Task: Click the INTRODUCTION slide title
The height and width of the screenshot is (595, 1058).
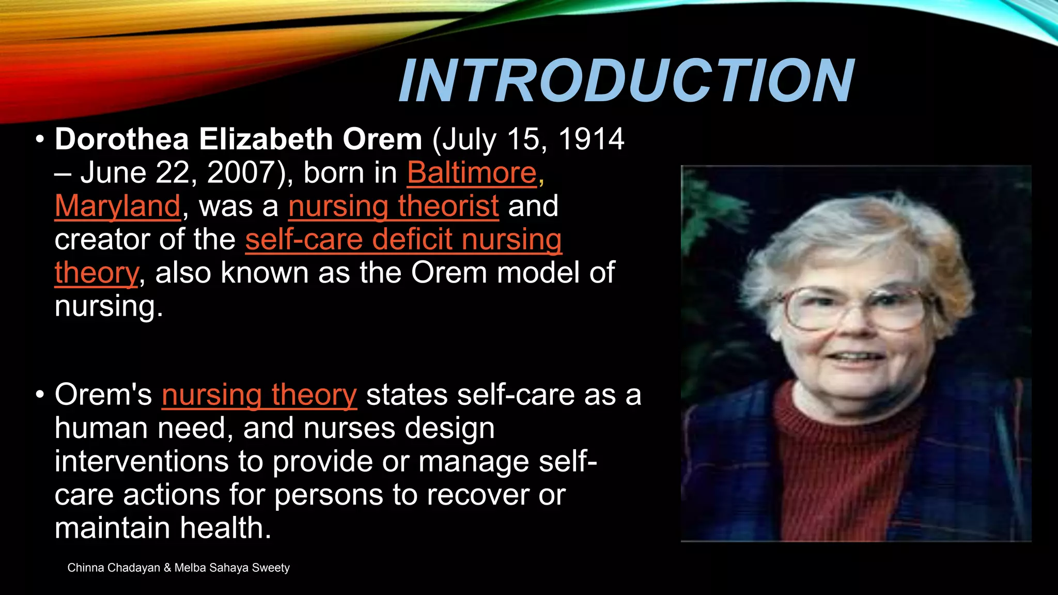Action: point(626,81)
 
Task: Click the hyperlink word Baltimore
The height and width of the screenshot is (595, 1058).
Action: point(472,173)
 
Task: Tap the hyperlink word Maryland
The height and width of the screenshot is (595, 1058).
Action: point(118,206)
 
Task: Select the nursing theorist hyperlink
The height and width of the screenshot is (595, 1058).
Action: point(394,206)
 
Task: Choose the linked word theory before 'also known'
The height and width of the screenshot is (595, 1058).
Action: point(97,273)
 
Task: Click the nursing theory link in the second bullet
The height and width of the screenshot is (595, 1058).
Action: point(259,395)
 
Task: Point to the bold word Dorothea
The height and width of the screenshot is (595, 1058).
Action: point(122,139)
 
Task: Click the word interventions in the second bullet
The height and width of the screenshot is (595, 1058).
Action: point(141,461)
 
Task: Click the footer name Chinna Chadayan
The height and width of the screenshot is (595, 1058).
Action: point(114,568)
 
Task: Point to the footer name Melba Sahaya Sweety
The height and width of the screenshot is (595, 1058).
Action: point(232,568)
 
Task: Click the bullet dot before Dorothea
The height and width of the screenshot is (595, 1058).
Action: point(40,140)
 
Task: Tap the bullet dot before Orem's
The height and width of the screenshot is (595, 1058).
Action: point(40,395)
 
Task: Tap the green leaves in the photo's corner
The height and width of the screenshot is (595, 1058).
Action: point(703,207)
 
